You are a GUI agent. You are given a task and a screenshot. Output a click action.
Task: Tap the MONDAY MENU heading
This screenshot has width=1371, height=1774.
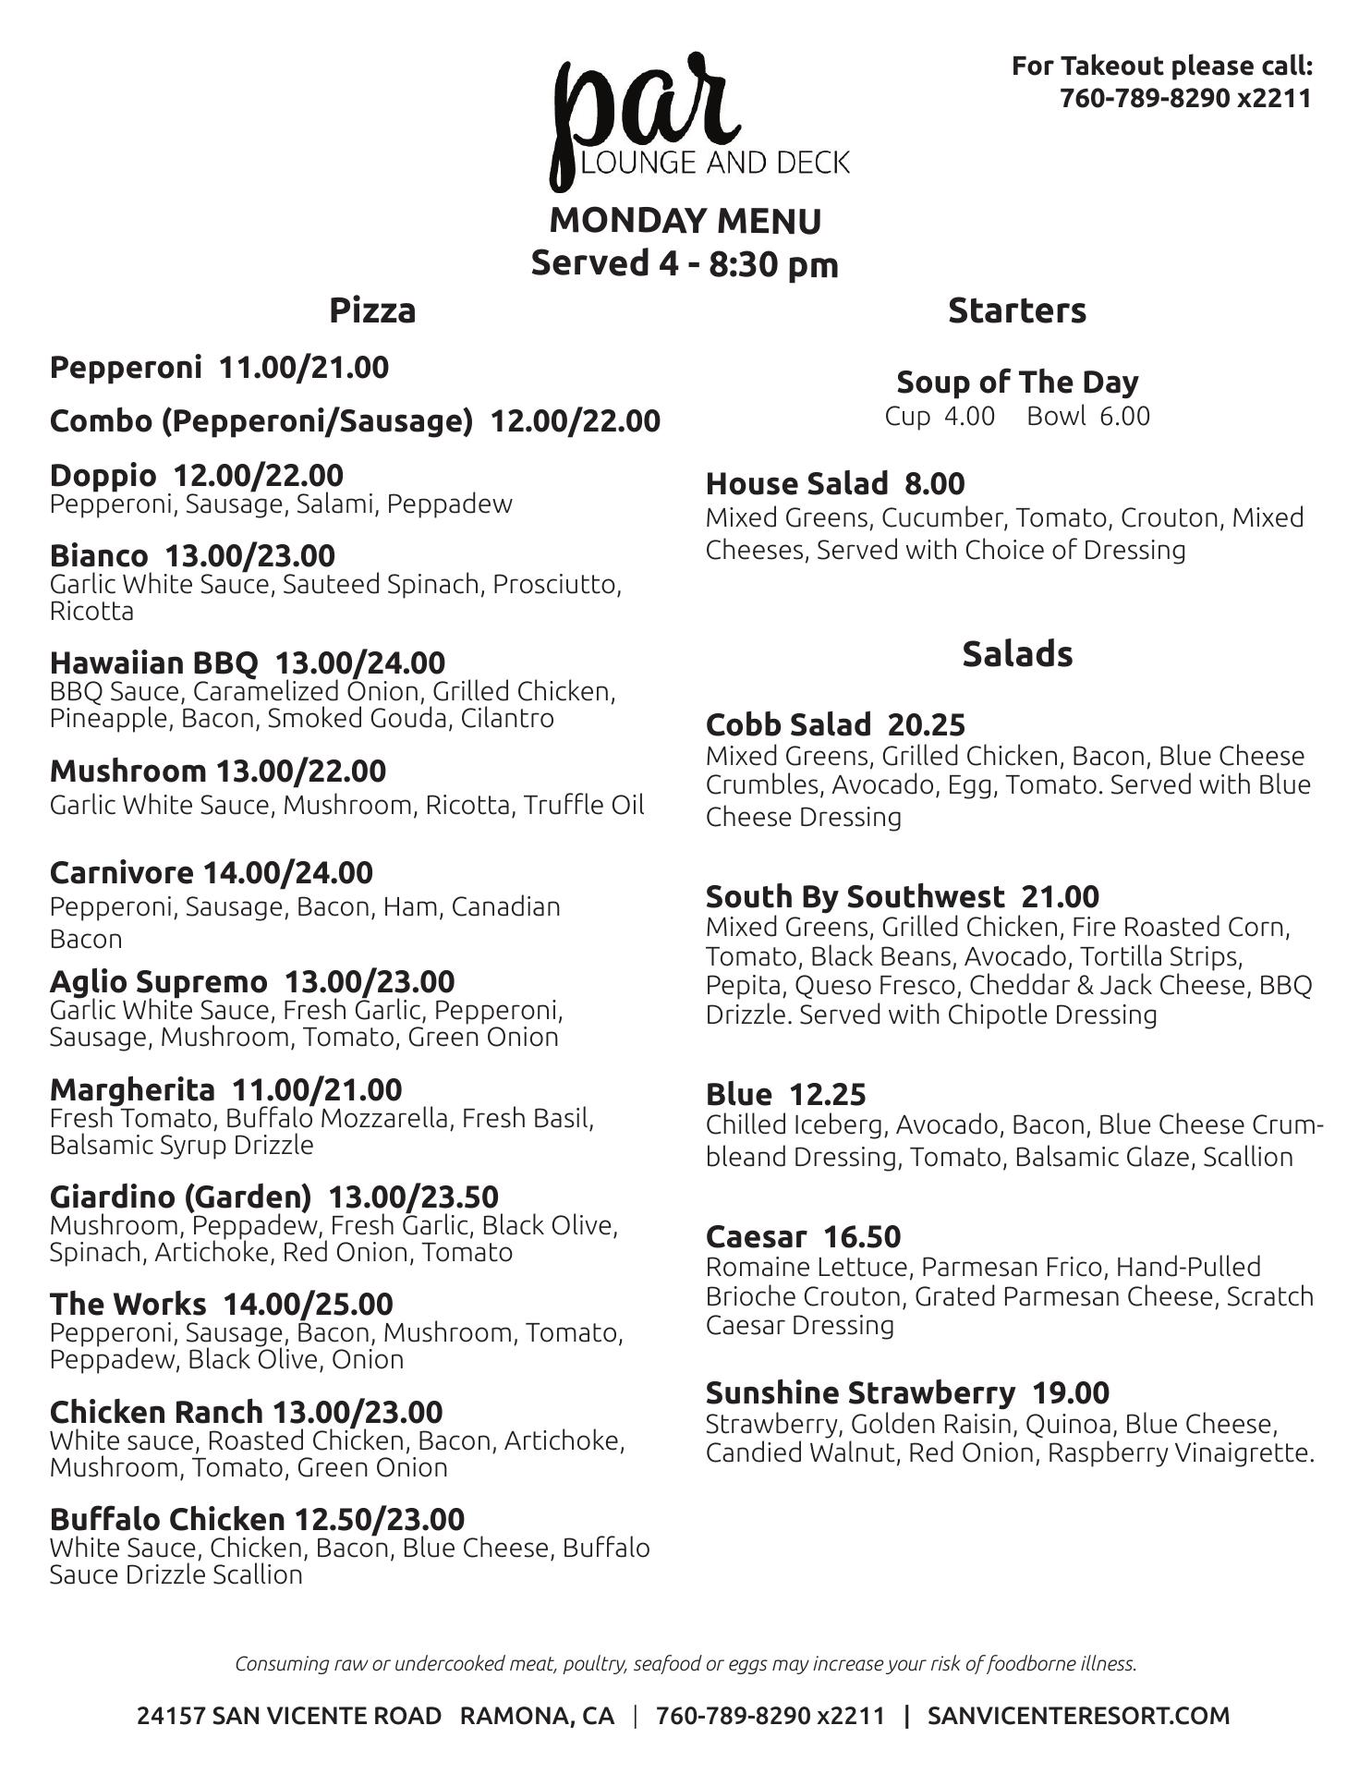(x=685, y=221)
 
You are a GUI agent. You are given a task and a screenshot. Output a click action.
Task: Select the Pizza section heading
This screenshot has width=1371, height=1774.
(x=372, y=310)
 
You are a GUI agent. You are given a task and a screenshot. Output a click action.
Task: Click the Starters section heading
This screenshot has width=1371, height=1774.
(x=1016, y=310)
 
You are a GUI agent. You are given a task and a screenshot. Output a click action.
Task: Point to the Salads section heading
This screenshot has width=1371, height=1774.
(x=1016, y=654)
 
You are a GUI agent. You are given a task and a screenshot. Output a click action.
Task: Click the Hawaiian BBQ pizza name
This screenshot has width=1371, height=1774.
(x=154, y=662)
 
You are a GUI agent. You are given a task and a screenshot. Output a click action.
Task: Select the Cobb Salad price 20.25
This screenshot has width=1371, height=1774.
(x=927, y=724)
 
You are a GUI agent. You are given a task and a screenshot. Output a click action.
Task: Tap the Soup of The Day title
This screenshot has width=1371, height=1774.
(x=1016, y=382)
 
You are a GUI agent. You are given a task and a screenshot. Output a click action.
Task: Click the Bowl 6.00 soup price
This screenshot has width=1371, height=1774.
(x=1088, y=416)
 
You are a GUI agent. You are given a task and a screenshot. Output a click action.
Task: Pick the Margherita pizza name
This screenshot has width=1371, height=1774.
(x=132, y=1089)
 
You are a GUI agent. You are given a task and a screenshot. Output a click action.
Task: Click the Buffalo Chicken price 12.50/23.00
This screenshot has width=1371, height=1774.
(x=379, y=1519)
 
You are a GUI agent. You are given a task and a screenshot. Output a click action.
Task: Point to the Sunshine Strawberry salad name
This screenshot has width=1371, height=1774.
(x=860, y=1392)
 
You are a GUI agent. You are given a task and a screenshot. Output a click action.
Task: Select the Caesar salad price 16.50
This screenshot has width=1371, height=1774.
(x=861, y=1236)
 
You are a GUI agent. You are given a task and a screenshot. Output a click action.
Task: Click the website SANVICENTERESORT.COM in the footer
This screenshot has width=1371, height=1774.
(x=1078, y=1716)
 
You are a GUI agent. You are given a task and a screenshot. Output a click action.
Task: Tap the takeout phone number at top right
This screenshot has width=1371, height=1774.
(x=1185, y=98)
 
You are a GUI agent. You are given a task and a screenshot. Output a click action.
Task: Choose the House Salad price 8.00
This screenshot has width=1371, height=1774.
(x=934, y=483)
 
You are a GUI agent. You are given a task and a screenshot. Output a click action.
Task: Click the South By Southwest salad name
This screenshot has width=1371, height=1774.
(x=855, y=896)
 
